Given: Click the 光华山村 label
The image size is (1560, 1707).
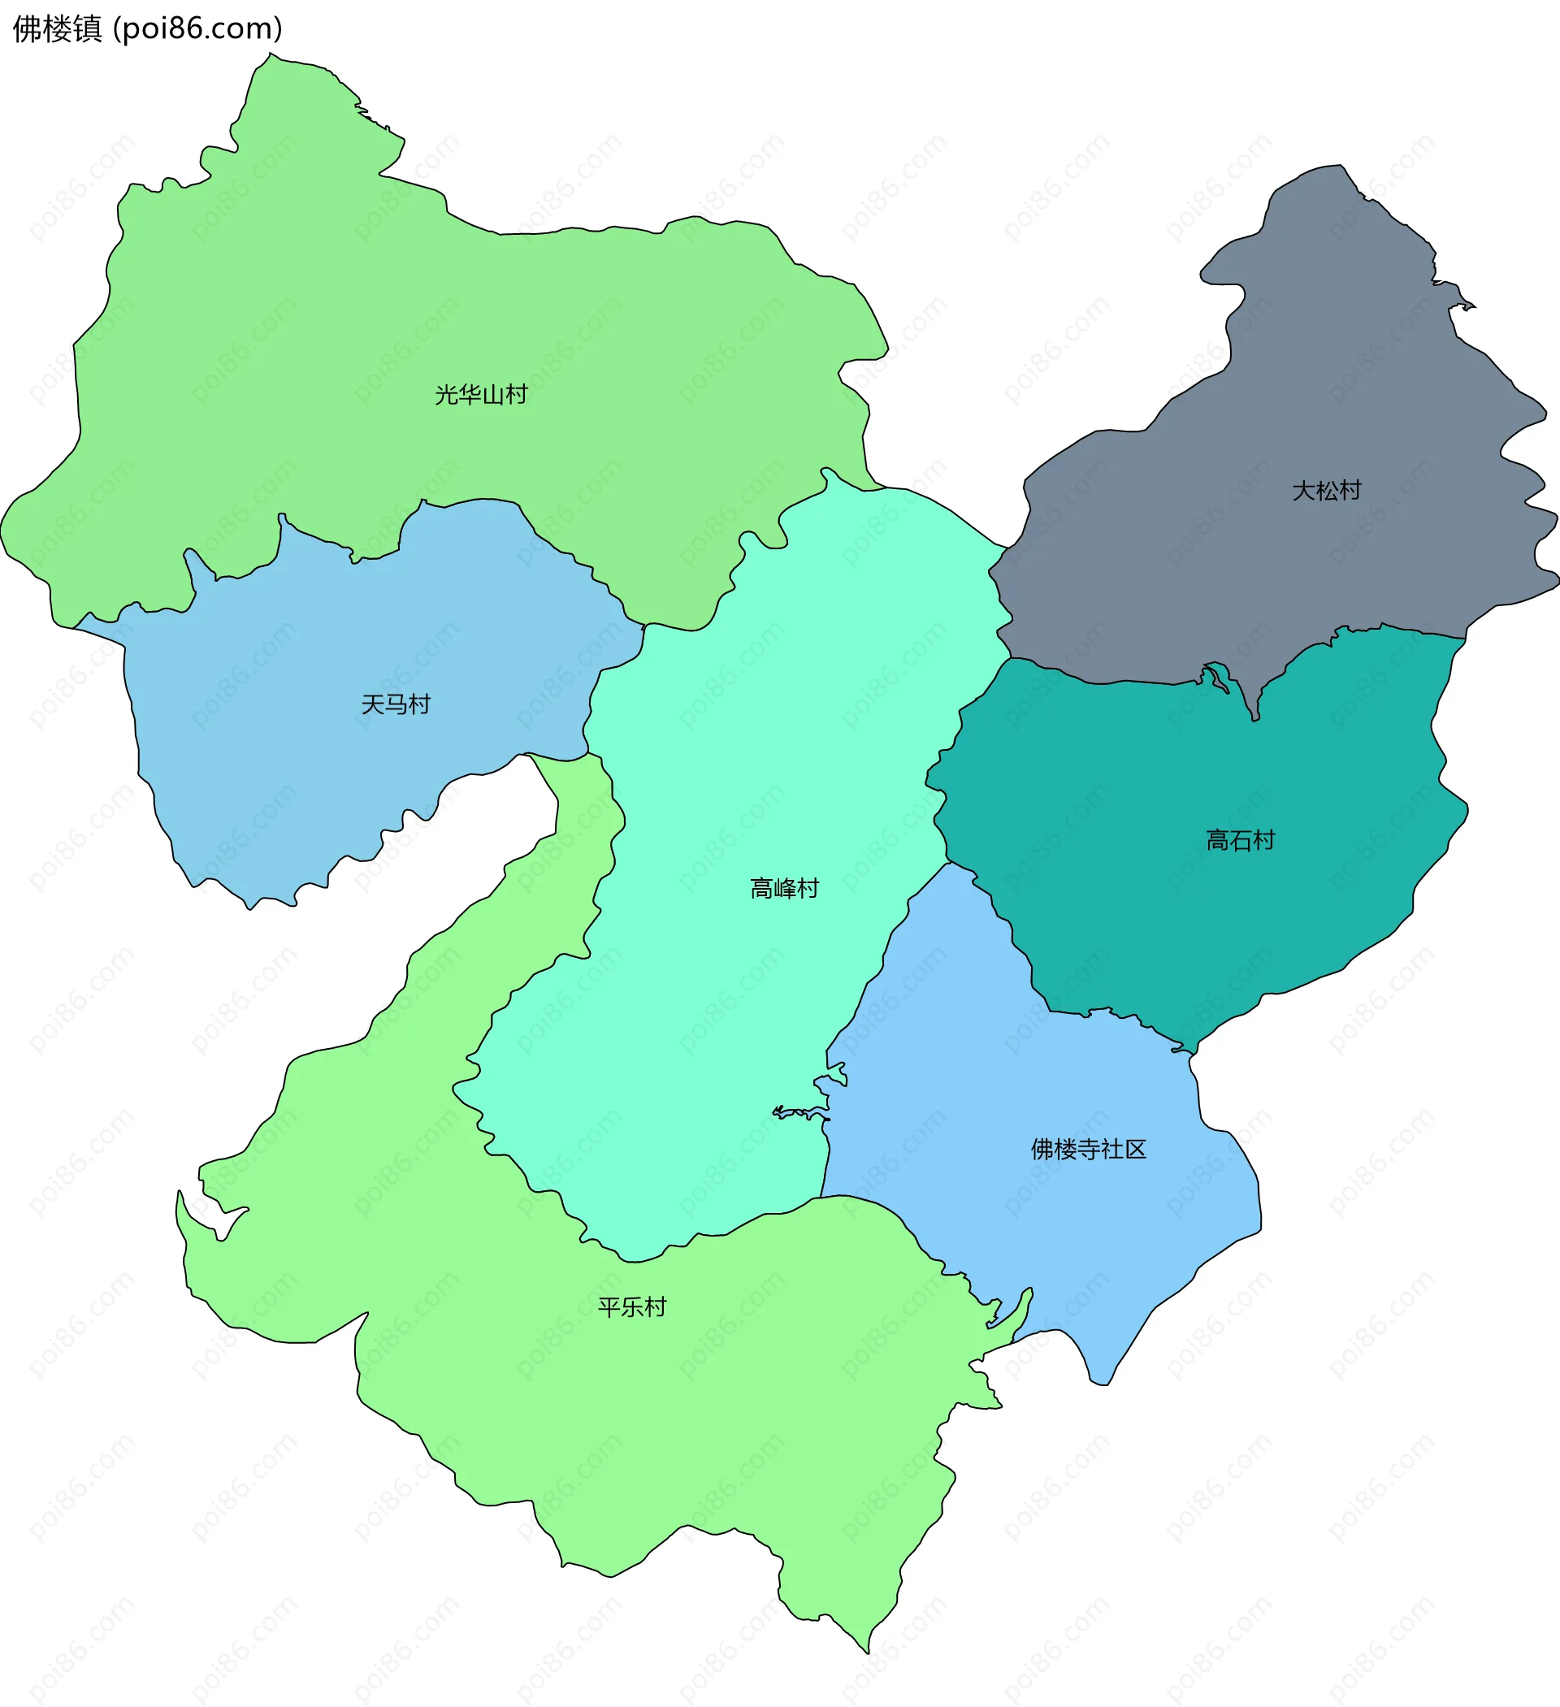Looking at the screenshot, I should point(481,395).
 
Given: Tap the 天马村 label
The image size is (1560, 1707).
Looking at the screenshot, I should point(396,704).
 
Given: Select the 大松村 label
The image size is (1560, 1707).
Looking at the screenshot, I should point(1326,491).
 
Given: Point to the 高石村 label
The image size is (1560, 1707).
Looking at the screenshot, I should point(1240,841).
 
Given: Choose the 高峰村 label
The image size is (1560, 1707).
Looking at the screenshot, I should point(784,888).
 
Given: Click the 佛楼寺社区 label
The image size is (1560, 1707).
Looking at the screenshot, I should point(1088,1149).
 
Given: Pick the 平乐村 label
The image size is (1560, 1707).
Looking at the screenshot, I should point(632,1307).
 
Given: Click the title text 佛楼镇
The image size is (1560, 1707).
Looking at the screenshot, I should point(57,28).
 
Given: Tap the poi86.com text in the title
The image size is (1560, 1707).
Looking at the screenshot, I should point(198,28).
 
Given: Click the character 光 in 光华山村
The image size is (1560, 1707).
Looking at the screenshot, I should point(446,395).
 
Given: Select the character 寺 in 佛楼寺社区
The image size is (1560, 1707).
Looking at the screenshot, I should point(1088,1149).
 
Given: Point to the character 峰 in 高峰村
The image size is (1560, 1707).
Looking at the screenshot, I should point(784,888).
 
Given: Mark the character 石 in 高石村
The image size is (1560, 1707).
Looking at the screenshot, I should point(1240,841).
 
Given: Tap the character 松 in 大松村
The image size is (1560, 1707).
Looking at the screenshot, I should point(1326,491).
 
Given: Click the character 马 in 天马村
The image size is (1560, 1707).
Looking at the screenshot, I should point(396,704).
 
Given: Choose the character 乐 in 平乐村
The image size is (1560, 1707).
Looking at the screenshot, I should point(632,1307).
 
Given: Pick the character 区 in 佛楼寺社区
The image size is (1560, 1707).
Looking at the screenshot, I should point(1135,1149).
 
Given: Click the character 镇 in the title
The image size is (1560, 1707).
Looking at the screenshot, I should point(87,28).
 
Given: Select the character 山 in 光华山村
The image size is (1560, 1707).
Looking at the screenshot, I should point(493,395).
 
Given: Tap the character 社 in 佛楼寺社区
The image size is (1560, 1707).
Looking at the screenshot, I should point(1112,1149).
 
